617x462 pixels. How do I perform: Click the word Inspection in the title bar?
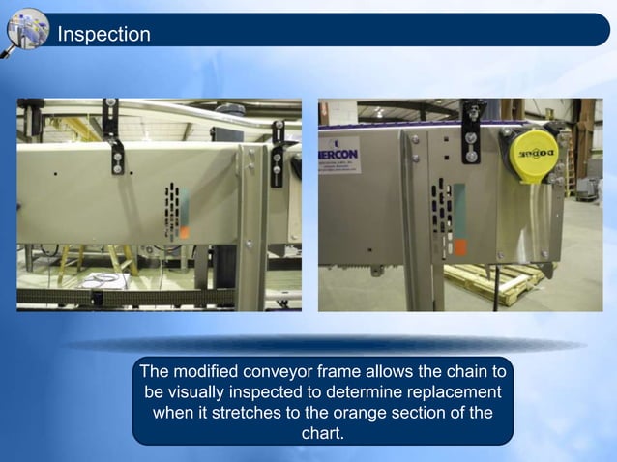click(103, 35)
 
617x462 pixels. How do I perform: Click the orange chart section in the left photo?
click(184, 232)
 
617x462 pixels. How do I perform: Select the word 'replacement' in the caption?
click(451, 392)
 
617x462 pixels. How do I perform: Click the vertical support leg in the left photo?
click(252, 227)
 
